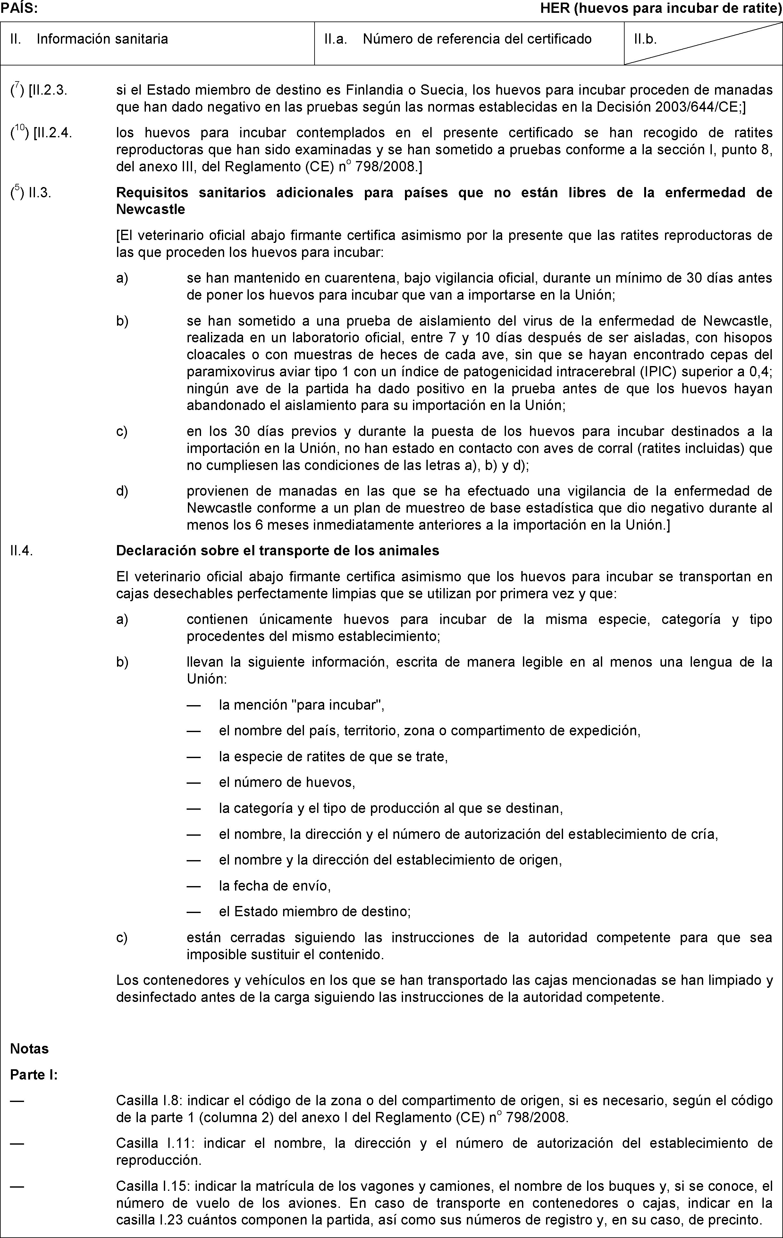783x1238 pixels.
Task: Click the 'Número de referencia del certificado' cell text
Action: (477, 39)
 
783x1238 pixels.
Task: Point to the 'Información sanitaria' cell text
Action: (102, 39)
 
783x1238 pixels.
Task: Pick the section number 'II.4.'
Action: (21, 551)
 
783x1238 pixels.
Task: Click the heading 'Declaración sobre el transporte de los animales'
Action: (277, 551)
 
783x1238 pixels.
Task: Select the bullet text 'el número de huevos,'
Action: (287, 782)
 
